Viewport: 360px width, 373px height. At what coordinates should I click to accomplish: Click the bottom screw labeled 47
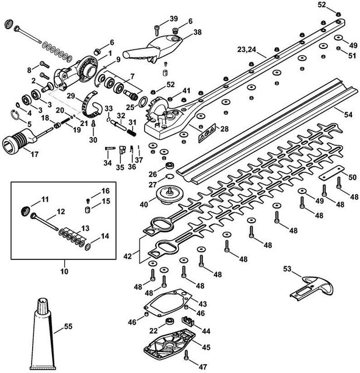point(186,355)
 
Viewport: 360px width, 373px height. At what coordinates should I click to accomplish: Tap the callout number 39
point(174,19)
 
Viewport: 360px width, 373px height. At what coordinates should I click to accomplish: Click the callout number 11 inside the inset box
point(45,200)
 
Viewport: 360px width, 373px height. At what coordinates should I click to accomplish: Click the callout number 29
point(70,95)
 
